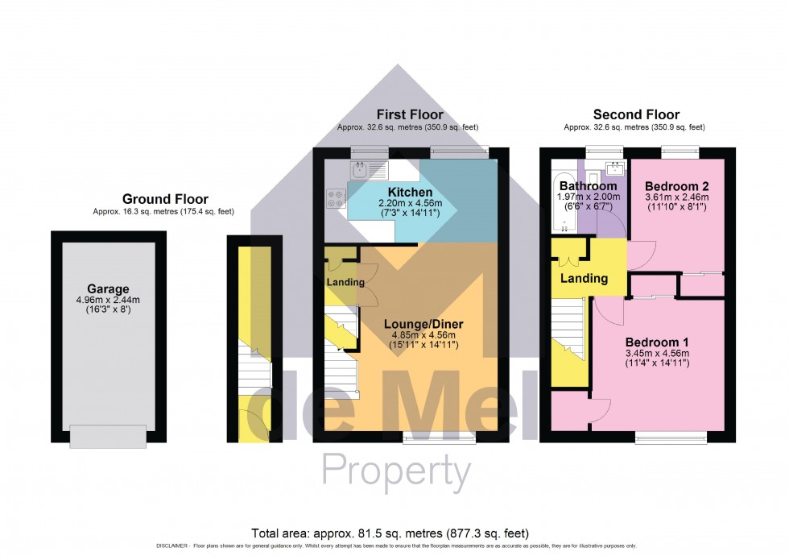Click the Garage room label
point(109,289)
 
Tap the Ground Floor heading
point(165,199)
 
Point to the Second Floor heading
point(636,115)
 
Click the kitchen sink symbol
point(360,169)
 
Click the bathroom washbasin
point(616,168)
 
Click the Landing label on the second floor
point(585,279)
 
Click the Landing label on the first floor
point(345,283)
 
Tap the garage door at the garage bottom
point(109,436)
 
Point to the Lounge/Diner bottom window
point(439,440)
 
